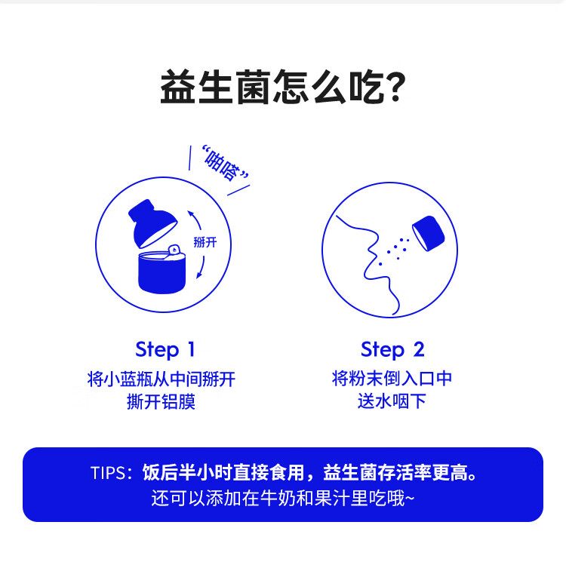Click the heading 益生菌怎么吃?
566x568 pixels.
point(283,87)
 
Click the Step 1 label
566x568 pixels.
point(165,350)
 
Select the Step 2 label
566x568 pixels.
point(392,350)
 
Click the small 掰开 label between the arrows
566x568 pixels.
point(205,241)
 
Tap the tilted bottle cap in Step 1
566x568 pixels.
point(152,223)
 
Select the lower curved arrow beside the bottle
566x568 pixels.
point(201,267)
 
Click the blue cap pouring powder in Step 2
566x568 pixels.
point(429,233)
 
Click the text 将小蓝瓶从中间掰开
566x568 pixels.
point(161,379)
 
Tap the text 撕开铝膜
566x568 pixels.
point(161,402)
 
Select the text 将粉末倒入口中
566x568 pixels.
point(392,379)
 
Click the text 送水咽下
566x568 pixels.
point(392,401)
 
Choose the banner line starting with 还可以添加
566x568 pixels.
point(283,498)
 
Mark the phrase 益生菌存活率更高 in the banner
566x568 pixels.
point(395,472)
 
